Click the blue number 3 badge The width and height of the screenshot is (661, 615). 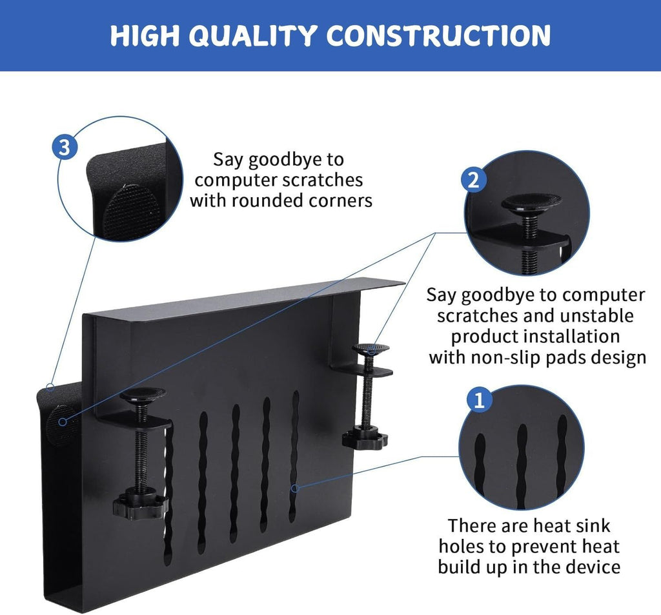(64, 148)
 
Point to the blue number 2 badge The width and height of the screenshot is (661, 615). (473, 180)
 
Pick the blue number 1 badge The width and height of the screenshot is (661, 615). (478, 401)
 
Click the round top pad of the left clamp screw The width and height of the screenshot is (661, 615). (142, 394)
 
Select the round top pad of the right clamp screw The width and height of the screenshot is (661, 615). (371, 349)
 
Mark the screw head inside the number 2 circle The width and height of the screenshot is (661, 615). (531, 202)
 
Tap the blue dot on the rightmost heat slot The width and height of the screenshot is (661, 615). (294, 488)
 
